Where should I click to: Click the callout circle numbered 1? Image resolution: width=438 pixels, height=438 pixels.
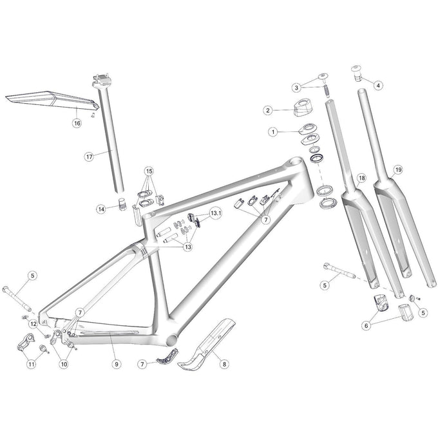(272, 131)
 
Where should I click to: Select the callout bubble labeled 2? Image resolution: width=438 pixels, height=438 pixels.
(267, 110)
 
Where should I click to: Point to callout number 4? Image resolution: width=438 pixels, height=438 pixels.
(378, 85)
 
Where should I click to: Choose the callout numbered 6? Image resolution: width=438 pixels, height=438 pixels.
(367, 326)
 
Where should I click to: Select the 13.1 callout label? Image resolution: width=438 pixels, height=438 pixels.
(214, 213)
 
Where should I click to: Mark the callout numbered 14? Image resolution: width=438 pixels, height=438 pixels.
(101, 208)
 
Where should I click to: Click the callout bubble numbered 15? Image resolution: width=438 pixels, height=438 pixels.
(149, 171)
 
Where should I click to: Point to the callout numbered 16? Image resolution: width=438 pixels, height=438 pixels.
(76, 122)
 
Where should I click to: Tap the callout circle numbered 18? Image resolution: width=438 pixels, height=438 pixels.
(361, 177)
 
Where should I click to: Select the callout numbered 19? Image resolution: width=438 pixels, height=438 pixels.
(399, 169)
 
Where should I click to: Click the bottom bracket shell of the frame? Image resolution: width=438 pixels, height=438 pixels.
(173, 339)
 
